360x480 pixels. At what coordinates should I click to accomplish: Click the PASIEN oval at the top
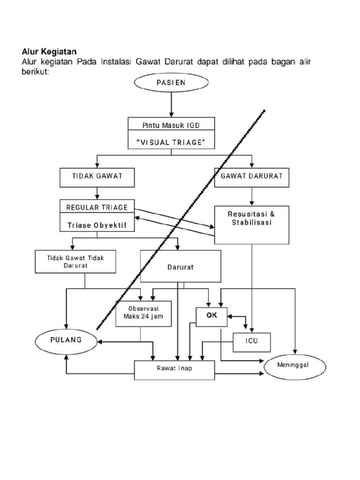click(171, 82)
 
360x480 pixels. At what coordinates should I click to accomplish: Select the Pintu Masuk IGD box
click(171, 125)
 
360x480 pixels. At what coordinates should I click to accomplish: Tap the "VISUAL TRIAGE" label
click(171, 142)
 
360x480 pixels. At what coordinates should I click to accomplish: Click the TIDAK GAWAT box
click(97, 178)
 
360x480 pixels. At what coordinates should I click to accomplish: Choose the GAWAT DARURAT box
click(252, 178)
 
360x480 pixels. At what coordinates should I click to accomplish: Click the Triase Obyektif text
click(97, 225)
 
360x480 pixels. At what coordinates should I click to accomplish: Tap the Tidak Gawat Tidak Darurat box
click(75, 262)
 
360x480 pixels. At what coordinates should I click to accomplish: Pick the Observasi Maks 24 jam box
click(144, 313)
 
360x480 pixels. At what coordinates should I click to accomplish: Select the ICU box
click(252, 342)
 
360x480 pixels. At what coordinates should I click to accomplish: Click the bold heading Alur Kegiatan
click(49, 51)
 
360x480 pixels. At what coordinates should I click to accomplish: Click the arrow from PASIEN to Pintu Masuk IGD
click(171, 105)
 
